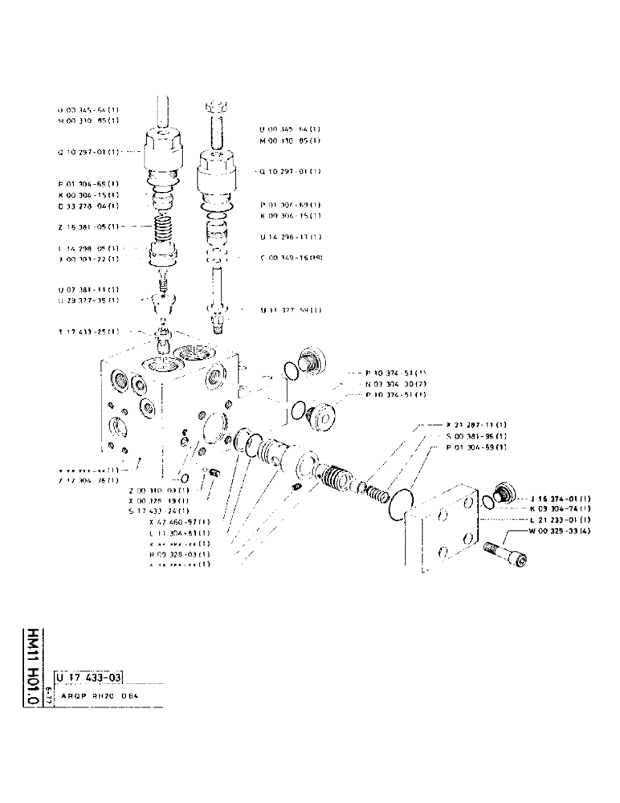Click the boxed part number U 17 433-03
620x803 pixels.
click(88, 664)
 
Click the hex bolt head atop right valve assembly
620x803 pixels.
click(218, 107)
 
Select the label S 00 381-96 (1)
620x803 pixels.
click(476, 436)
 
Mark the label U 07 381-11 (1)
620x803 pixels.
click(88, 289)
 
